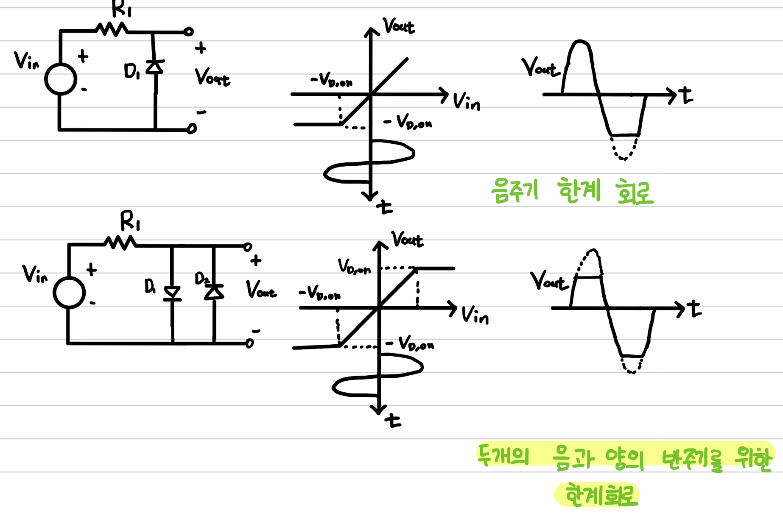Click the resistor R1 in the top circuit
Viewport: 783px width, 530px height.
click(111, 30)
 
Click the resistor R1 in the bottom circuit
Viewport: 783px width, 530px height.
click(120, 243)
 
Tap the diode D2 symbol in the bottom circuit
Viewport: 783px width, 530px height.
click(214, 292)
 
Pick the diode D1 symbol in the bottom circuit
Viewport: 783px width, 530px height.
click(172, 293)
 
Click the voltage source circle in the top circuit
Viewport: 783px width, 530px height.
click(61, 79)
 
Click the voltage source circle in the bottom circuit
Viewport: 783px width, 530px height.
click(69, 292)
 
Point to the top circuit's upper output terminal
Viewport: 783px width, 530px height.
click(189, 31)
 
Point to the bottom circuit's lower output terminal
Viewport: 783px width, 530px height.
click(249, 343)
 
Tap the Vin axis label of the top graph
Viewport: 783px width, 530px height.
click(466, 102)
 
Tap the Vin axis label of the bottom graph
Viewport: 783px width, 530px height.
click(475, 315)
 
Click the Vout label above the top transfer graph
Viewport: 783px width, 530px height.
click(398, 26)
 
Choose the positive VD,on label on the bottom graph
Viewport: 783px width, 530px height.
click(354, 267)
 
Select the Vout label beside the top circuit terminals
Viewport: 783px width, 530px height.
click(212, 78)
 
